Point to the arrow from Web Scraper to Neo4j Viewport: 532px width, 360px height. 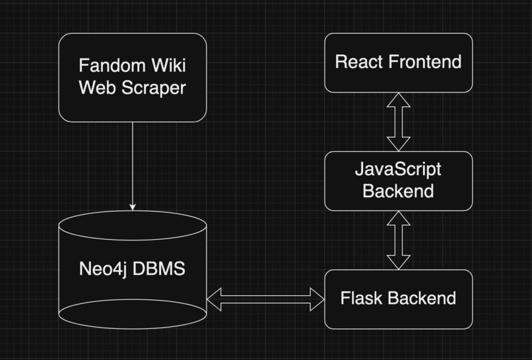coord(133,165)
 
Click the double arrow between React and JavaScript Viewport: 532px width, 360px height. coord(398,122)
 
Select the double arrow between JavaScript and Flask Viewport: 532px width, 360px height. coord(398,240)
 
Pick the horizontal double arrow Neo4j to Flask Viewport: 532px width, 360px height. coord(265,299)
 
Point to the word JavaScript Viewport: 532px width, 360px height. coord(398,170)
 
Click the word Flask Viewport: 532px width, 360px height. coord(358,299)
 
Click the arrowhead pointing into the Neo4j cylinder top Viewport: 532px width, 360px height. coord(133,207)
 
